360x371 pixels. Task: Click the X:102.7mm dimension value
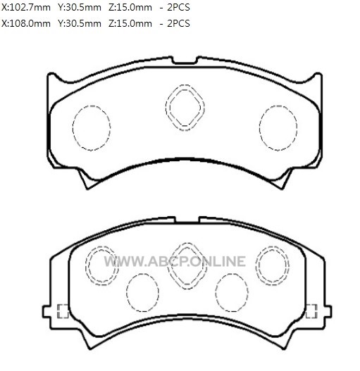click(26, 8)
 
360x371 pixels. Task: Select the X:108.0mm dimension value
click(26, 24)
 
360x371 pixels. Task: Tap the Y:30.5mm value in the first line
click(80, 8)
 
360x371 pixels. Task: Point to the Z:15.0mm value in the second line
click(130, 24)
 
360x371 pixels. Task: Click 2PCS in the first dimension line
click(178, 8)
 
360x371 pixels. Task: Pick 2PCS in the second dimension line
click(178, 24)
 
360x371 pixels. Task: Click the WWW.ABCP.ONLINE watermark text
click(175, 261)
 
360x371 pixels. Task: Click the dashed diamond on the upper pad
click(185, 84)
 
